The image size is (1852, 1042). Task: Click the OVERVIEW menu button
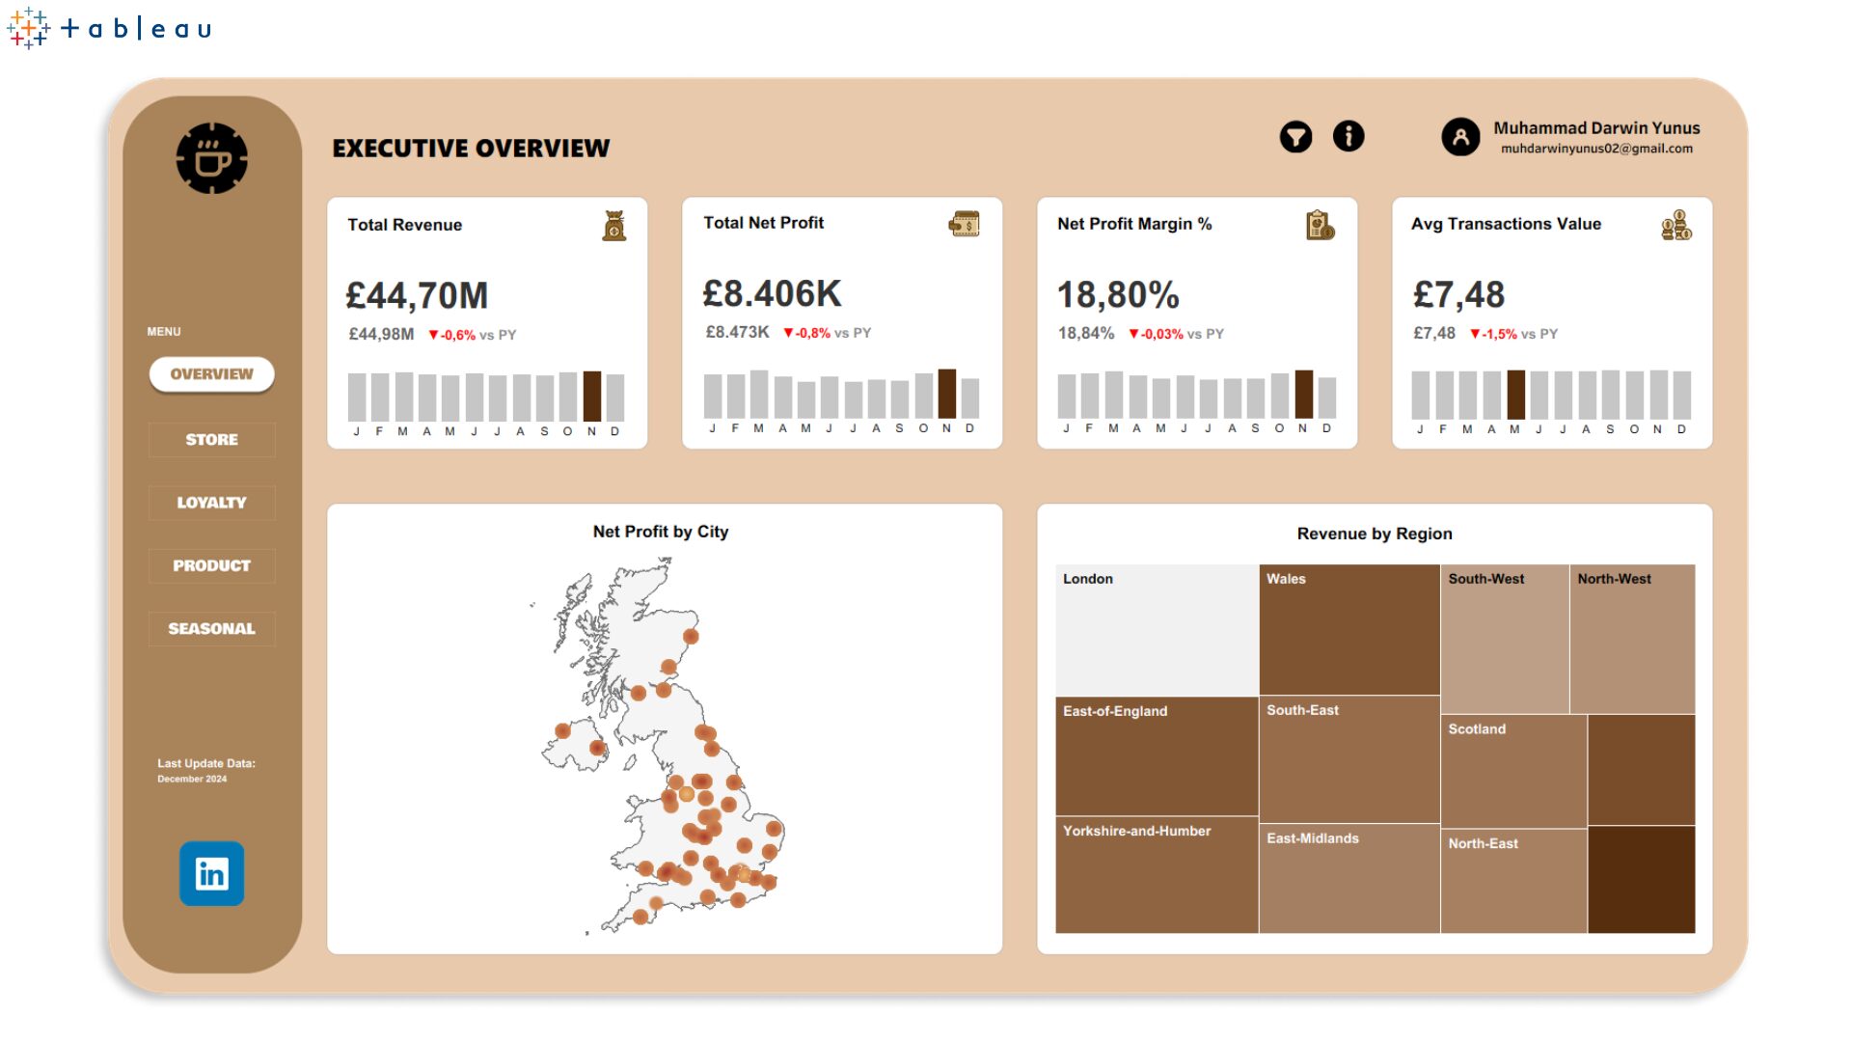[211, 374]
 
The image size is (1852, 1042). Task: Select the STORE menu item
[211, 440]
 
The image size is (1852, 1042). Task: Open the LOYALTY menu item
[211, 503]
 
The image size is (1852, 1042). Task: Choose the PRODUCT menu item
[211, 565]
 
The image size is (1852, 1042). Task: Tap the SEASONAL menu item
[211, 629]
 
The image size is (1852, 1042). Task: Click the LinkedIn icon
[211, 874]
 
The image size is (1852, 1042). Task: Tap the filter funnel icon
[1295, 137]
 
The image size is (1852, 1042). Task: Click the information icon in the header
[1348, 136]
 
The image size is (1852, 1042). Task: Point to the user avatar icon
[1460, 137]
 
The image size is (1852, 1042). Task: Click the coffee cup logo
[212, 158]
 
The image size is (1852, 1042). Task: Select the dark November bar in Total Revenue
[592, 396]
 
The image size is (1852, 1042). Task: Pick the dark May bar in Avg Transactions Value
[1516, 394]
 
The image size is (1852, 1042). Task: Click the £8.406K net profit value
[772, 294]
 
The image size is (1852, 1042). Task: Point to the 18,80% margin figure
[1118, 295]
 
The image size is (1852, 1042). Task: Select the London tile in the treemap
[1157, 630]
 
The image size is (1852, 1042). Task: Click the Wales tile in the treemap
[1349, 629]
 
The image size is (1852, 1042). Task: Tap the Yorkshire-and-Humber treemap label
[1136, 831]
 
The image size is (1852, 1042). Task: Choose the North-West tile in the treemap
[1632, 639]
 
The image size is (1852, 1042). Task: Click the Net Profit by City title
[661, 532]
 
